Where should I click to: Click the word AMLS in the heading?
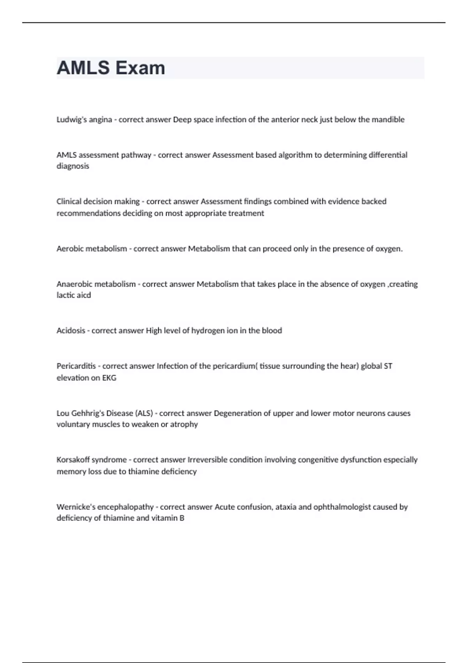[x=83, y=68]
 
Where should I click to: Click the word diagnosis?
[x=73, y=166]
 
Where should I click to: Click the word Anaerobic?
[x=75, y=284]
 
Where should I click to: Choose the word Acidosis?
[x=71, y=331]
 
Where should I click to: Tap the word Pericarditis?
[x=76, y=366]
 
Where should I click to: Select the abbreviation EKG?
[x=109, y=378]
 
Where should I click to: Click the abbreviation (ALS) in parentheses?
[x=144, y=413]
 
